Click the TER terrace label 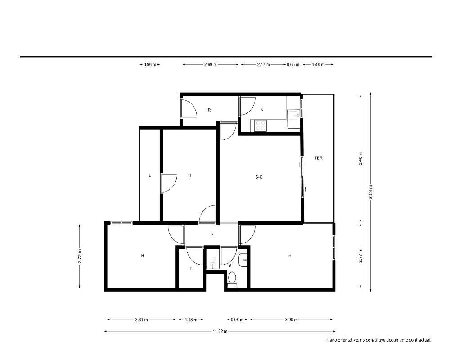coord(318,158)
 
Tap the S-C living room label coord(259,177)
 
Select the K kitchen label coord(262,109)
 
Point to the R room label coord(209,110)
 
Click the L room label coord(150,175)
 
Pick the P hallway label coord(211,235)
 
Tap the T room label coord(191,269)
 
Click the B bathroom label coord(229,265)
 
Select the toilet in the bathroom coord(232,279)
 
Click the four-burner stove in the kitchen coord(261,126)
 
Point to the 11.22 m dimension coord(220,331)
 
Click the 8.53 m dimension coord(370,190)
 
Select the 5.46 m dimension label coord(360,158)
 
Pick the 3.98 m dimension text coord(291,319)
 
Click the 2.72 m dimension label coord(80,256)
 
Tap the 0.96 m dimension coord(150,65)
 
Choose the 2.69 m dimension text coord(210,65)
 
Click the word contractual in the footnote coord(420,340)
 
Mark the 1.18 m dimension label coord(191,319)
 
